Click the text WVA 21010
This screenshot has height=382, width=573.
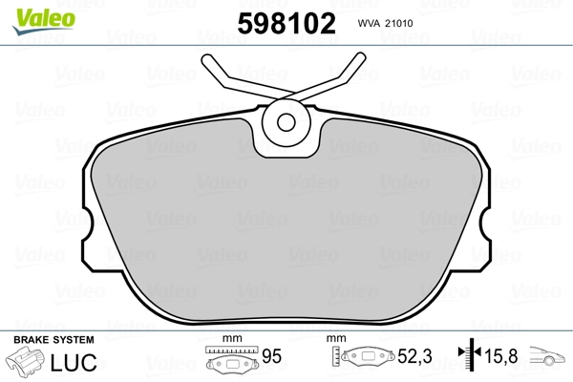click(x=386, y=25)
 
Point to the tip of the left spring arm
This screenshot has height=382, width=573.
click(x=208, y=60)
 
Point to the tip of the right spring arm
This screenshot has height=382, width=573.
click(x=362, y=59)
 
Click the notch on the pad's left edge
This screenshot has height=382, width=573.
click(x=88, y=228)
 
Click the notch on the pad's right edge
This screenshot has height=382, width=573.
click(x=484, y=228)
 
